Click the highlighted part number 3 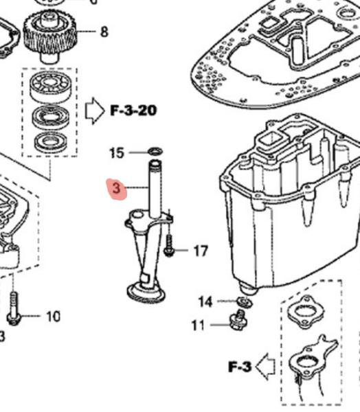point(116,187)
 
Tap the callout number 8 point(104,31)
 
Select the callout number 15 point(117,152)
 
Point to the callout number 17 point(200,251)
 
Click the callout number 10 point(53,317)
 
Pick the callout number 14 point(205,301)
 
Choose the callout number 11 point(198,325)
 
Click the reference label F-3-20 point(133,110)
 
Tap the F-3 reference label point(238,367)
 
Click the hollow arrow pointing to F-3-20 point(93,110)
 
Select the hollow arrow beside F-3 point(265,367)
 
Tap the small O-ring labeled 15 point(155,151)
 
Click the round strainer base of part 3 point(146,290)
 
